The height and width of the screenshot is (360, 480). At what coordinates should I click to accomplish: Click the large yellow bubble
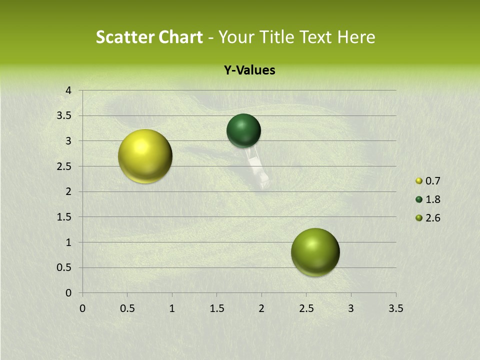(x=145, y=156)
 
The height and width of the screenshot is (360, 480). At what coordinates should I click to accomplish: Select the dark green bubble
(x=243, y=130)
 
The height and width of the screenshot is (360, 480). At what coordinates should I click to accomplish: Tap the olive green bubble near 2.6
(x=315, y=252)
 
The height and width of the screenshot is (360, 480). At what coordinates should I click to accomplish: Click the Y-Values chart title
(x=249, y=70)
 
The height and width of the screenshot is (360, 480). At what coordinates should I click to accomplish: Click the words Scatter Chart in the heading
(x=149, y=37)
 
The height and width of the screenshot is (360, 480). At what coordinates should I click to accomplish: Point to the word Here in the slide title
(x=356, y=37)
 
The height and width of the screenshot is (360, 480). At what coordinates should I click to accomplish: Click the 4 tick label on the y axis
(x=68, y=90)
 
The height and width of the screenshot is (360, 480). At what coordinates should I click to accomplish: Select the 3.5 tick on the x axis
(x=395, y=308)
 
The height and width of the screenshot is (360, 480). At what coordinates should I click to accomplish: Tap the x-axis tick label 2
(x=261, y=308)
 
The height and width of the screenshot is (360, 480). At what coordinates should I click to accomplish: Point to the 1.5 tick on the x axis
(x=216, y=308)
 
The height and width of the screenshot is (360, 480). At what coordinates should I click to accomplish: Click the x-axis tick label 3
(x=351, y=308)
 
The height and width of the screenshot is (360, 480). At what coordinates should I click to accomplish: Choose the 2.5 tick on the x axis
(x=306, y=308)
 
